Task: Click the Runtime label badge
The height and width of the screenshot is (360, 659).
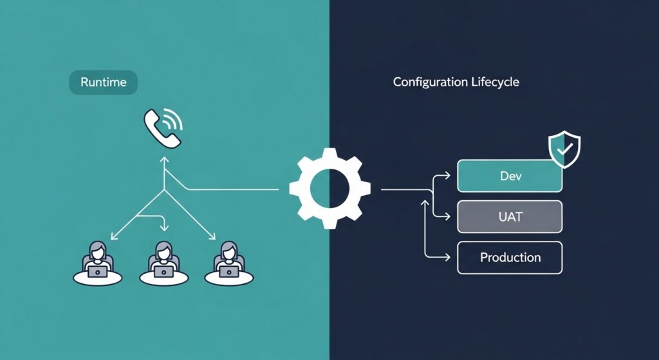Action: click(x=103, y=82)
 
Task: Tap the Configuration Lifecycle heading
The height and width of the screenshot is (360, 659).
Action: click(x=456, y=82)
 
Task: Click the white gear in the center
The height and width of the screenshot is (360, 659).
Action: click(x=329, y=189)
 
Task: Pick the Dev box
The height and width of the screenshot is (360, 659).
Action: click(x=510, y=176)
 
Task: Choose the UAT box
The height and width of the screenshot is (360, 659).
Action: click(x=510, y=216)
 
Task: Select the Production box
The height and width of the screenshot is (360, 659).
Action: click(x=510, y=258)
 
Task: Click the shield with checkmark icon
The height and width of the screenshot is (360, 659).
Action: click(x=564, y=149)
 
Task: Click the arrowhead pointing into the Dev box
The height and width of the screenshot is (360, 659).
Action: click(x=448, y=175)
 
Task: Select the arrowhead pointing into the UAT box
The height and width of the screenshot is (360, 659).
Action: click(x=448, y=216)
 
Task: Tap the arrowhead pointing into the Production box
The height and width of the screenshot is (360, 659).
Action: click(x=448, y=258)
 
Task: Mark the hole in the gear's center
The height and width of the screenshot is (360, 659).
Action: click(x=329, y=189)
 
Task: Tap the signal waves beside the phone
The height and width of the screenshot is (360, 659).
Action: click(x=172, y=118)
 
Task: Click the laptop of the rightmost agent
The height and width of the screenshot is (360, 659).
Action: click(x=228, y=272)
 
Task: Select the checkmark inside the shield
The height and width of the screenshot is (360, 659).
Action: click(x=564, y=149)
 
